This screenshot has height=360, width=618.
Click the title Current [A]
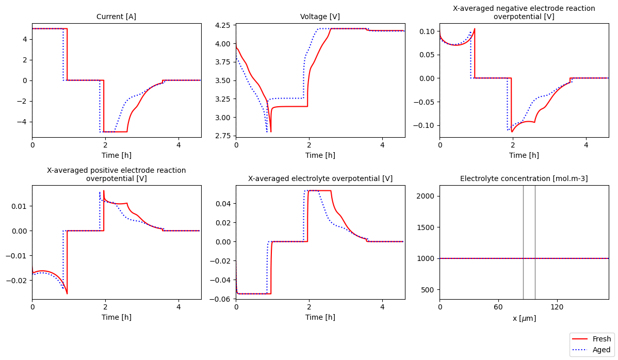[x=117, y=17]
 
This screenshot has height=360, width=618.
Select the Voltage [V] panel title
[x=320, y=17]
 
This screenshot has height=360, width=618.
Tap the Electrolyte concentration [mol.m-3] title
[x=524, y=179]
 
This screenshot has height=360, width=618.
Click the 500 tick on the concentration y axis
[x=430, y=290]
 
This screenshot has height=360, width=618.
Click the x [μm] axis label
[x=524, y=318]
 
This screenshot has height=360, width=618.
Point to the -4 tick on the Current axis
[x=24, y=122]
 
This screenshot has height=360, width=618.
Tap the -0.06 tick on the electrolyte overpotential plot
[x=222, y=299]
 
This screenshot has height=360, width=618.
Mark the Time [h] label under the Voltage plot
[x=320, y=155]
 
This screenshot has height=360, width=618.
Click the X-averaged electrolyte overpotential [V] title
[x=320, y=179]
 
